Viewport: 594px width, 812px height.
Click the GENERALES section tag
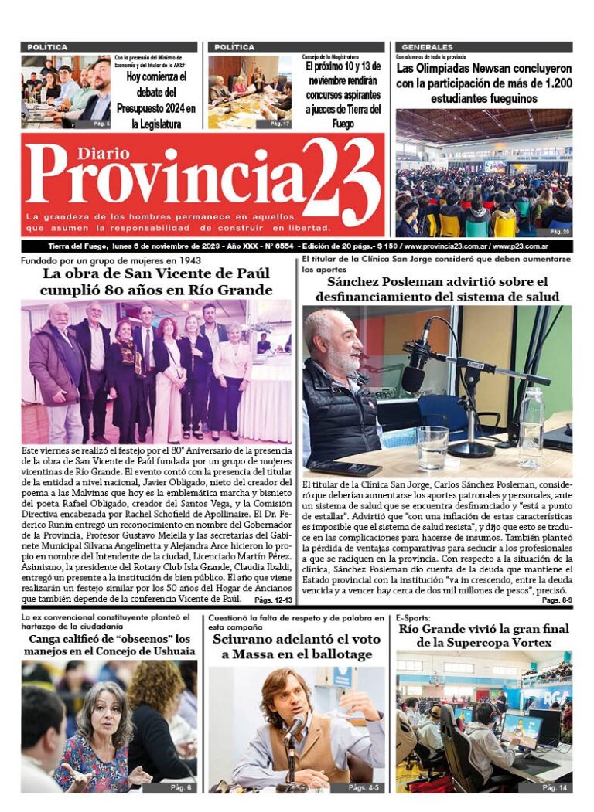pos(428,47)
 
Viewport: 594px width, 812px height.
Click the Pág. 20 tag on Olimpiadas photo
pos(560,231)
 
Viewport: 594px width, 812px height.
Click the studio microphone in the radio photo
pos(415,370)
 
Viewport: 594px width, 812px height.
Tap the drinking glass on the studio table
pos(432,447)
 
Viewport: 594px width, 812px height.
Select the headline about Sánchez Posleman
pos(437,289)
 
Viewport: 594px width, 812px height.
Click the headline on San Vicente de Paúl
pos(158,282)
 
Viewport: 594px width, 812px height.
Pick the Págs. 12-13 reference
pos(273,600)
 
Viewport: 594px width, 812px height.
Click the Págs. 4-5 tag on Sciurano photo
pos(364,787)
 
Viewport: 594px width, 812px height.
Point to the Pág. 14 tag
pos(555,787)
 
